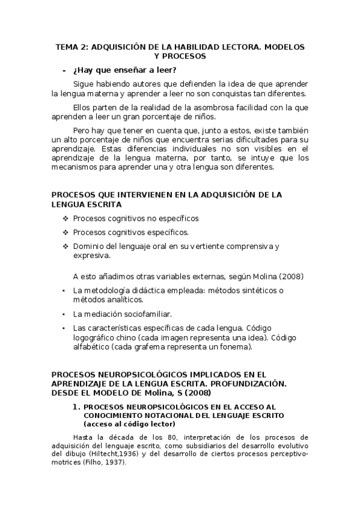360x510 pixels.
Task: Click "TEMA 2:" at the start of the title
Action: point(70,46)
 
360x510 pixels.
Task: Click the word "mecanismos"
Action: point(75,168)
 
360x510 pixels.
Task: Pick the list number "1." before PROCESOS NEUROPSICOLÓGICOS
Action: point(76,407)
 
